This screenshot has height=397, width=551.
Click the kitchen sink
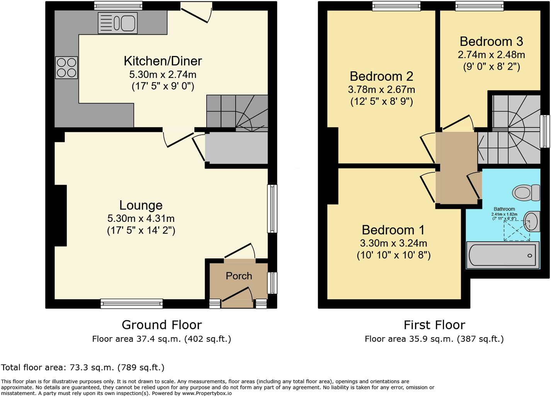[118, 23]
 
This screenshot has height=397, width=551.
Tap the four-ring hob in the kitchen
[66, 68]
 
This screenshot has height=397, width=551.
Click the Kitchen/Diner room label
[163, 61]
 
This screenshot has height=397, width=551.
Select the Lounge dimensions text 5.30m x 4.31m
[141, 218]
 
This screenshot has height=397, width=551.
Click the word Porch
[239, 276]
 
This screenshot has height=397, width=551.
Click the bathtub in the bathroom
[503, 255]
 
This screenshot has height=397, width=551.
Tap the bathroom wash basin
[532, 221]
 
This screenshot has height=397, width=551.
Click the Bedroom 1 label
[393, 230]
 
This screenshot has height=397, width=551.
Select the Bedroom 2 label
[381, 76]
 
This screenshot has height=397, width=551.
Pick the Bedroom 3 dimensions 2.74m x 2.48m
[491, 55]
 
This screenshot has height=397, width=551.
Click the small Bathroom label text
[504, 209]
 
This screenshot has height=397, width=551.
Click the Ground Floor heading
[162, 325]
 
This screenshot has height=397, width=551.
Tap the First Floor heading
[434, 325]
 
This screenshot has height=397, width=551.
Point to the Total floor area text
[83, 367]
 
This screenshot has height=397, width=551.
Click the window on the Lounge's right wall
[272, 209]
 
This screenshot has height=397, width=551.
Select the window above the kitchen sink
[118, 6]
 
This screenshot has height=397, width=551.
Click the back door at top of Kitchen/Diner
[196, 12]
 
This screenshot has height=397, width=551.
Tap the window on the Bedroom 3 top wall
[479, 6]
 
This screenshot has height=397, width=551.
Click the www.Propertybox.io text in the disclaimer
[207, 393]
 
